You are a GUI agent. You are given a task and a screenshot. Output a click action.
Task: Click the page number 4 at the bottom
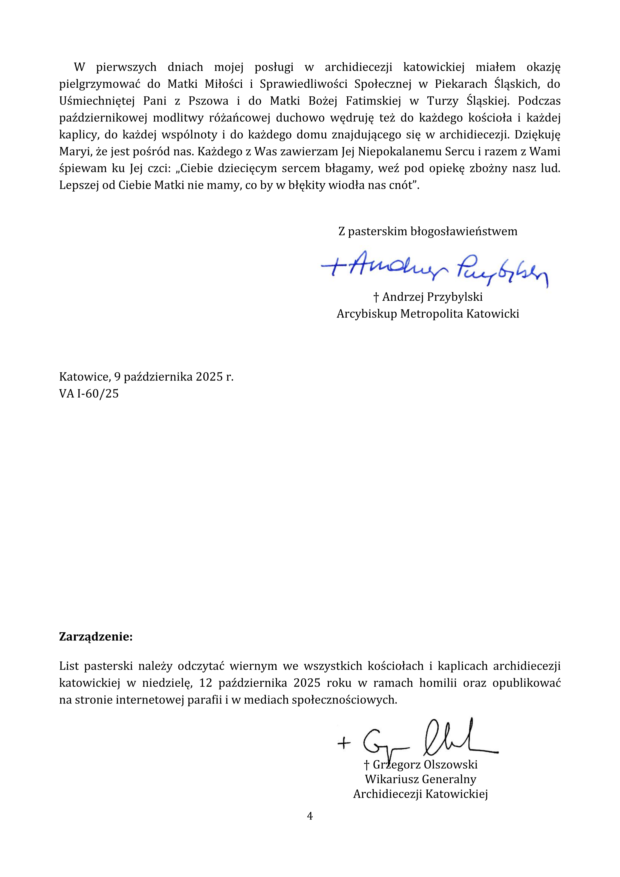(x=310, y=816)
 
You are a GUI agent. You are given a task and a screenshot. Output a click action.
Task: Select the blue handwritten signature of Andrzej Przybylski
(x=435, y=268)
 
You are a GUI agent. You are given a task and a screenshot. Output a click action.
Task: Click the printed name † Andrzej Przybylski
(x=428, y=297)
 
